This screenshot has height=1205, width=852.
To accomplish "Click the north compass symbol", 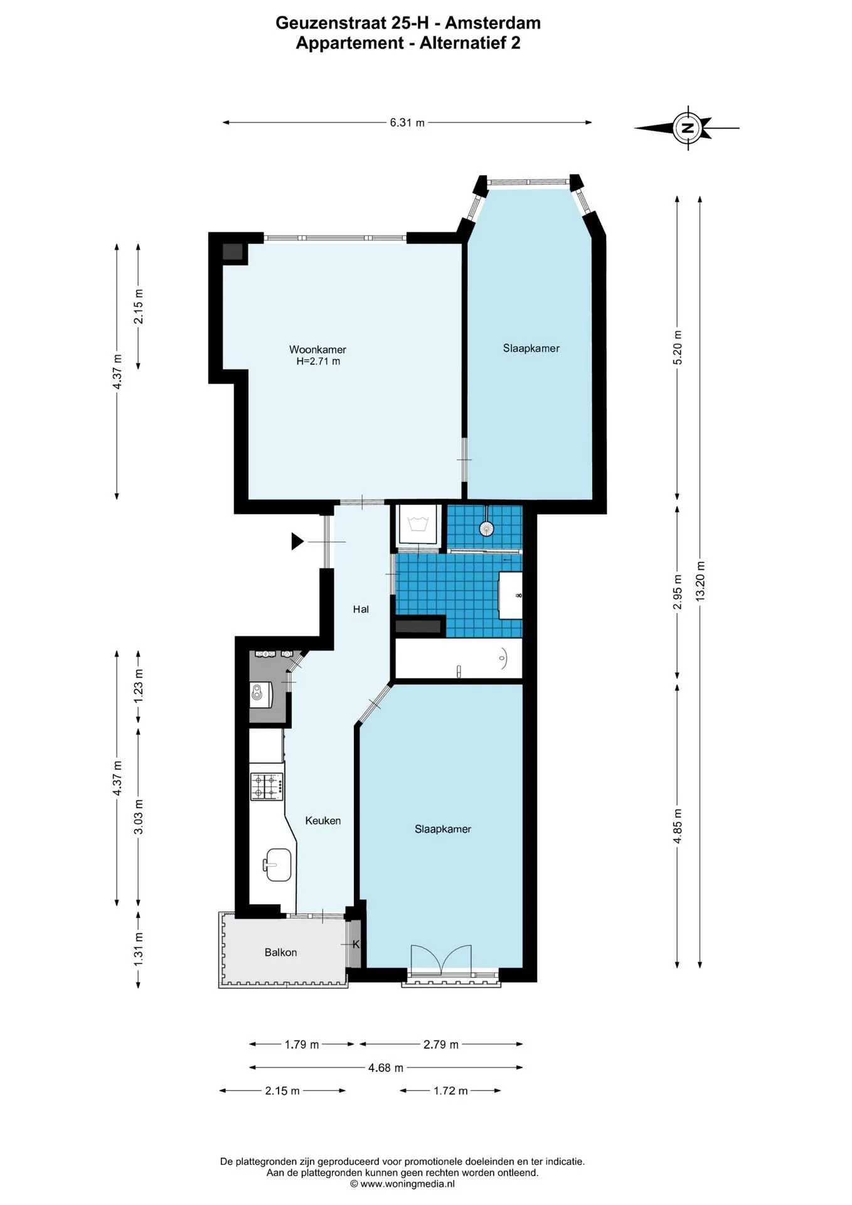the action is [687, 127].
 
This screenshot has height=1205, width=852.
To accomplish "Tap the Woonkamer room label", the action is [317, 350].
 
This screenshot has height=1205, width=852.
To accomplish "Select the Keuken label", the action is [323, 820].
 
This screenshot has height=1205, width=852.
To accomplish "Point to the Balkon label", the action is [280, 952].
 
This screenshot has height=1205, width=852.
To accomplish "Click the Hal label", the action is [361, 609].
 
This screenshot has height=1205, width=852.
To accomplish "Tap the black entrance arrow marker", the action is [297, 541].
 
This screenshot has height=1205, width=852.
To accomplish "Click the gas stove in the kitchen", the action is [267, 786].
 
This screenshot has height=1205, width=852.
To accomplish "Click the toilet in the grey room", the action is [258, 693].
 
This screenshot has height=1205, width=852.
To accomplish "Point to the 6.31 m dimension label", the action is [407, 122].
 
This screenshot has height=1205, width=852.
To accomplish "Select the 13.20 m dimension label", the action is [700, 581].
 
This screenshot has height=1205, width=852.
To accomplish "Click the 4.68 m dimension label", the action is [386, 1067].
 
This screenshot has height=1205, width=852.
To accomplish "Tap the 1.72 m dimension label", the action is [450, 1090].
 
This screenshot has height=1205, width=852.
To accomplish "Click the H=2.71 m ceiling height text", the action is [318, 361].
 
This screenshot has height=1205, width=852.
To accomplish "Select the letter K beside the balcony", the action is [356, 944].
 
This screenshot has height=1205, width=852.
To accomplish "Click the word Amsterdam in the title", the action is [493, 23].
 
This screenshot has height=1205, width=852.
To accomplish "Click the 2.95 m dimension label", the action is [677, 592].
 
